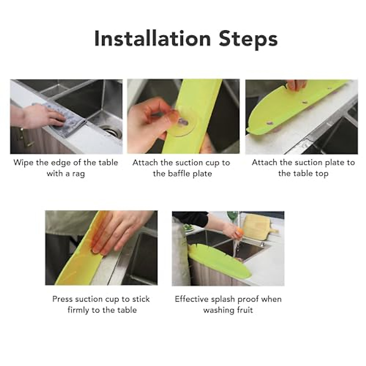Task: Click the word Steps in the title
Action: [248, 39]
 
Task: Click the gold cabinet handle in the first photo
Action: [22, 137]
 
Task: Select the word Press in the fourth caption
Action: [63, 299]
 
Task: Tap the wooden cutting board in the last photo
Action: [260, 224]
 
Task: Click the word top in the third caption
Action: [321, 174]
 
